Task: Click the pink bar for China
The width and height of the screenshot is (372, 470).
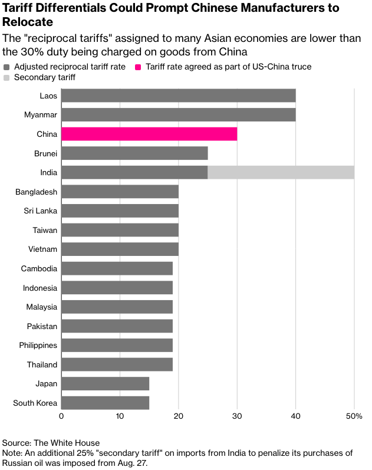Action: pos(149,134)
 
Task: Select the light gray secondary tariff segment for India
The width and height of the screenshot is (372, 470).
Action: pos(281,172)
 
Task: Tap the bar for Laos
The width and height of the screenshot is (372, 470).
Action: pos(178,96)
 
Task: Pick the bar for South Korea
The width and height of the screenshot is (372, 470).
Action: pos(105,403)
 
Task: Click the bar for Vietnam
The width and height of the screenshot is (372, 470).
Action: pos(120,249)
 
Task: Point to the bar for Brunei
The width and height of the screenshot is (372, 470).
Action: pos(134,153)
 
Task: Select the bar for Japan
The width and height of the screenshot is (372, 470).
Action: pos(105,383)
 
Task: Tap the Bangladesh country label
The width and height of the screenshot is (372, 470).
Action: pos(37,192)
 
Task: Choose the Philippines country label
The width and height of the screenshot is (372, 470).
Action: pos(38,345)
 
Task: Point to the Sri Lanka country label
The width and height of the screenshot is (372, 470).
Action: pos(41,211)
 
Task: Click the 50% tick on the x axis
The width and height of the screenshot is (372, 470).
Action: pos(354,417)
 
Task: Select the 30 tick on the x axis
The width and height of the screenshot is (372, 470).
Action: pos(237,417)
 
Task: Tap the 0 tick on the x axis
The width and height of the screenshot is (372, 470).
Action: pos(61,417)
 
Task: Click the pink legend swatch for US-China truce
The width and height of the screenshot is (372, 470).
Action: pos(139,67)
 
